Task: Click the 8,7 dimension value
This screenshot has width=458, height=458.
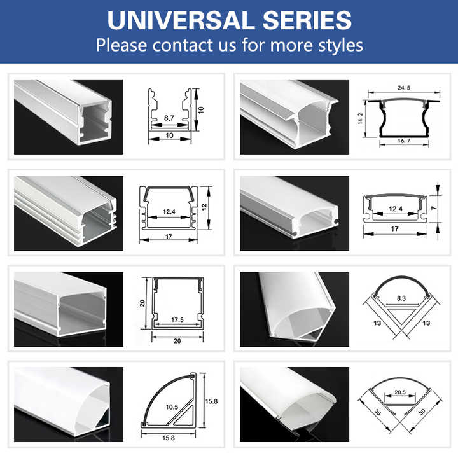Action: tap(169, 118)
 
